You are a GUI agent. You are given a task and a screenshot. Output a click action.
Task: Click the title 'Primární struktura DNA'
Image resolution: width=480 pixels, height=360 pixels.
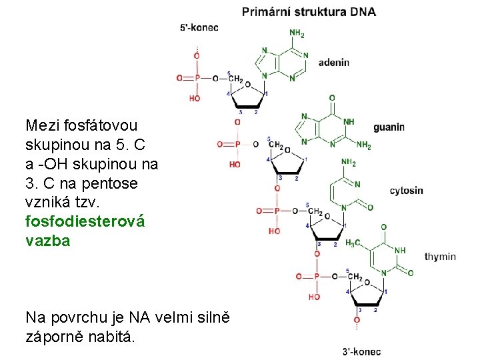(309, 11)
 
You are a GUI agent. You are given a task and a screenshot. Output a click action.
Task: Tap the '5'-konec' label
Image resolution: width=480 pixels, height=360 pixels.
(199, 27)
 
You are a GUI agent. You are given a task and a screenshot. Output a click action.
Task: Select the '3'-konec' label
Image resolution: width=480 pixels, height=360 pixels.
(361, 351)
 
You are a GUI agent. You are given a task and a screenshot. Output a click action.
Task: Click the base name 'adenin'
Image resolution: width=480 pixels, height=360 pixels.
(333, 63)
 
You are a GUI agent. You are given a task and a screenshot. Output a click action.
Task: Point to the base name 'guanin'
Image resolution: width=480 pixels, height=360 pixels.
(389, 127)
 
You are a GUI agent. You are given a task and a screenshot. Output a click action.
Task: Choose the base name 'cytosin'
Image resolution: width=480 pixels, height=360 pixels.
(406, 191)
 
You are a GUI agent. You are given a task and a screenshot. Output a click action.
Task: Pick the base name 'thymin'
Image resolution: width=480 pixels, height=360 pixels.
(440, 256)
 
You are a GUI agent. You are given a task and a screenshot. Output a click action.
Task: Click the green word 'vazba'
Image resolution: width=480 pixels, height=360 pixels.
(47, 241)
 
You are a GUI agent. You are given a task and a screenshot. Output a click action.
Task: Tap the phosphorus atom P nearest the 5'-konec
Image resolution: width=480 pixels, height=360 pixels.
(197, 78)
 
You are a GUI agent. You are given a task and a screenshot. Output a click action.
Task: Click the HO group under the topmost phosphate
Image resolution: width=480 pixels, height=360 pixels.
(195, 98)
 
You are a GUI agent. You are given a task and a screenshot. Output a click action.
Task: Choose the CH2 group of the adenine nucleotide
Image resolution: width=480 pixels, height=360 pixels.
(235, 78)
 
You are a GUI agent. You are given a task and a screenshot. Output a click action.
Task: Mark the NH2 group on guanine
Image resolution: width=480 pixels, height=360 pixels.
(363, 144)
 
